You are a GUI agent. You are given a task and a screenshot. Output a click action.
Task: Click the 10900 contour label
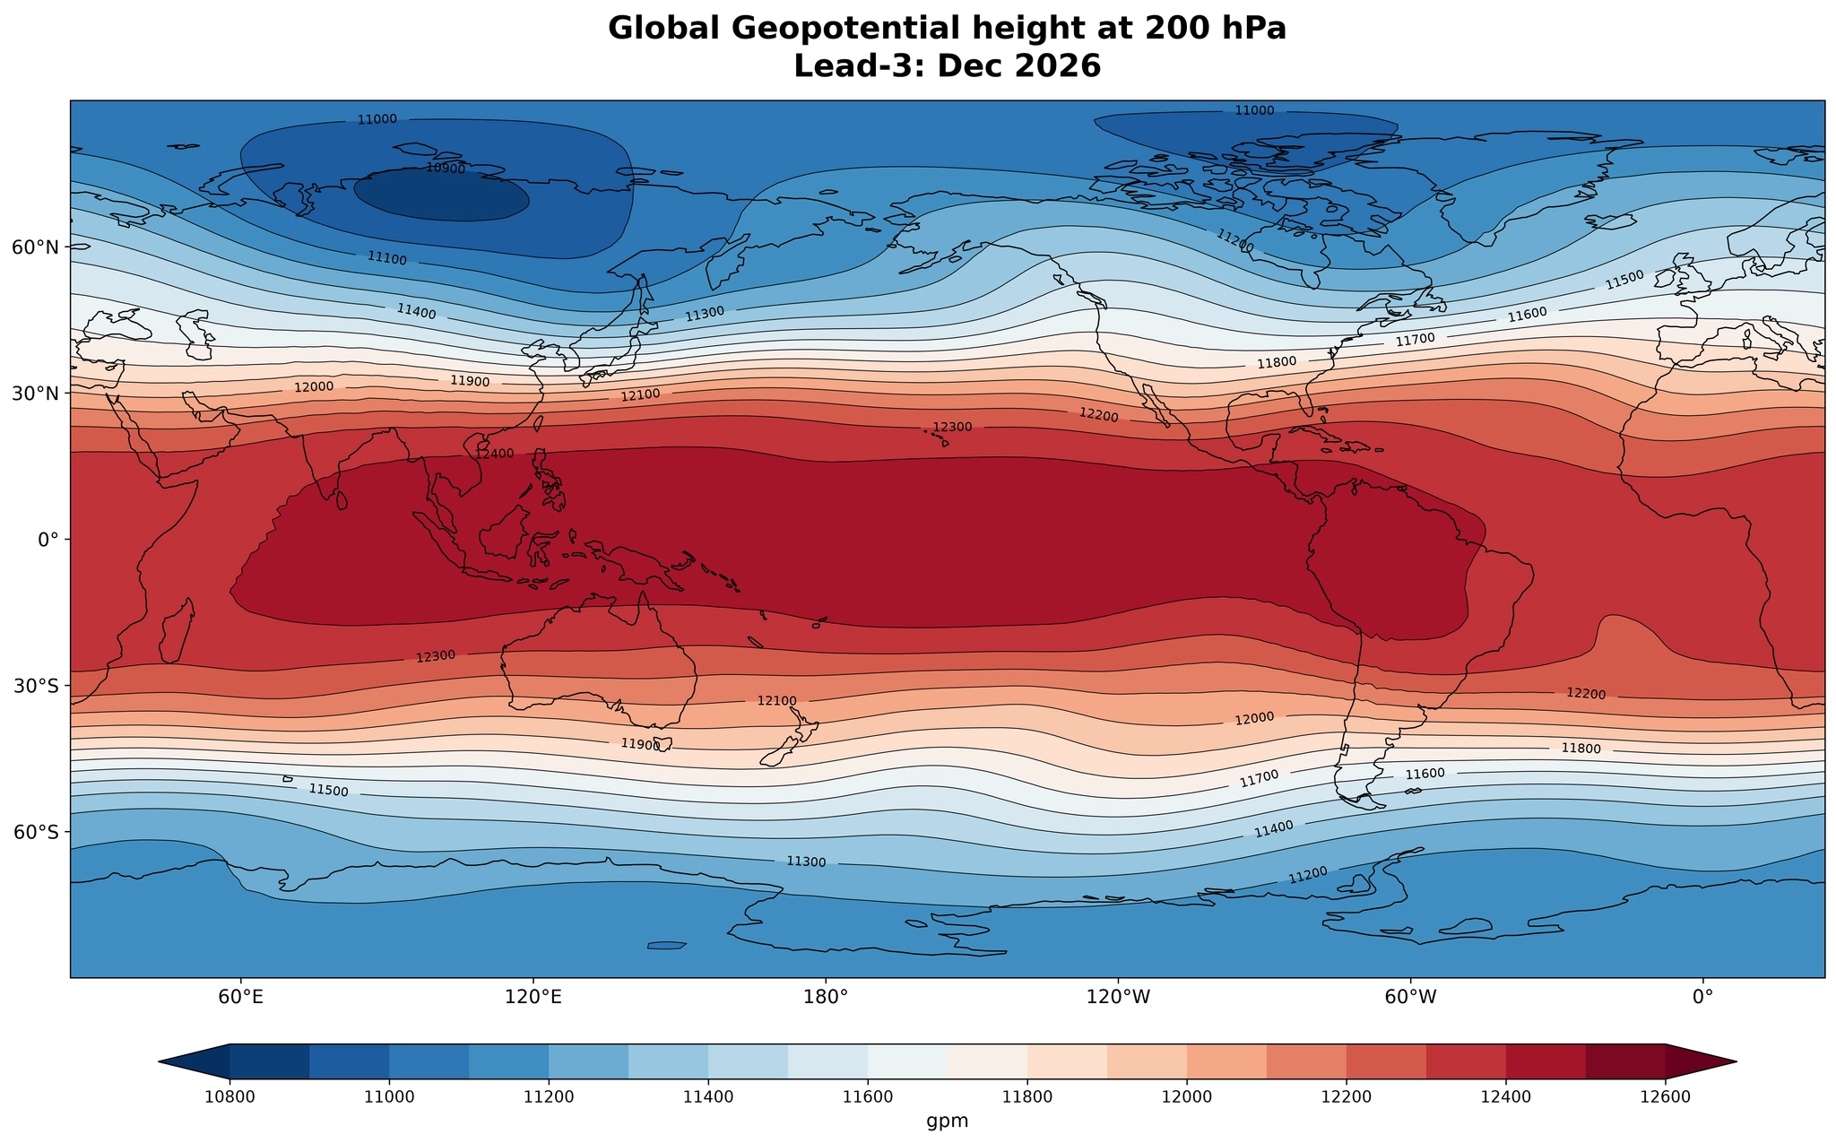446,168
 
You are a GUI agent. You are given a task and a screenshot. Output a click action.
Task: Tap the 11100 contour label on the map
386,259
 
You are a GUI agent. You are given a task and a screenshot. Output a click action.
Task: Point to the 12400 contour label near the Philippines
495,455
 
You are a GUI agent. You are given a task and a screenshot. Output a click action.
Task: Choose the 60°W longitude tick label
1410,996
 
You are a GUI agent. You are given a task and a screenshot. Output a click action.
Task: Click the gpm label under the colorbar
948,1121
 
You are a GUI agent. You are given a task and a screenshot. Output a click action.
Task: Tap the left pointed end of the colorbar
160,1061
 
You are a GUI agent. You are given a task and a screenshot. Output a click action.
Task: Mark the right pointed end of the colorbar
1736,1061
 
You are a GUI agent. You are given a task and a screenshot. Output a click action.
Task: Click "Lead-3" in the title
862,67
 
